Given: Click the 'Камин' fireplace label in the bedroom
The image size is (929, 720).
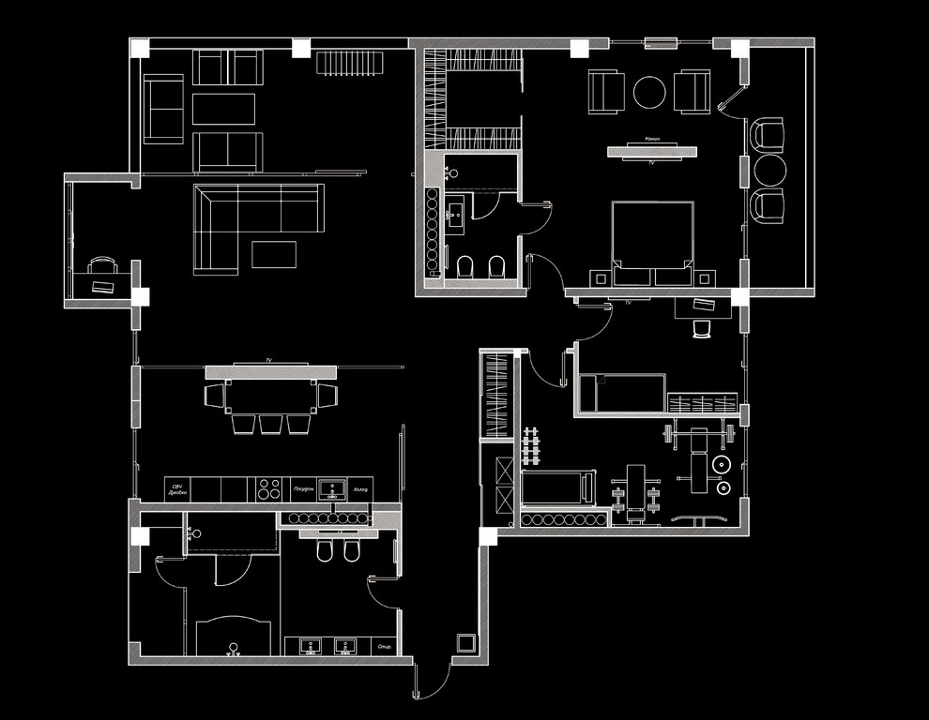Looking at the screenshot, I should click(652, 139).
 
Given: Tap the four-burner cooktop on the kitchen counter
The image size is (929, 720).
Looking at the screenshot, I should click(268, 488).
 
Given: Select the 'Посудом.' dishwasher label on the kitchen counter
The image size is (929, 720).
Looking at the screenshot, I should click(302, 489).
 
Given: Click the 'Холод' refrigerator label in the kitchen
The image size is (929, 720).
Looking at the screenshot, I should click(359, 489).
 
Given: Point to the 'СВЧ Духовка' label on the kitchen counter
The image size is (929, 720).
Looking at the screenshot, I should click(178, 488).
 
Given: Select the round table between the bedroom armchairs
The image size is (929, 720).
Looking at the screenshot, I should click(649, 92).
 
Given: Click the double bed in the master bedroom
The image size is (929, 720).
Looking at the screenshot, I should click(653, 242).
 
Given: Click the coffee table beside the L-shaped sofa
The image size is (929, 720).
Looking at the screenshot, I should click(273, 254).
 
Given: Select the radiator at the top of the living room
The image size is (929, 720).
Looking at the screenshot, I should click(350, 63).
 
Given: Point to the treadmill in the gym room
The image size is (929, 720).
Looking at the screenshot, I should click(559, 487).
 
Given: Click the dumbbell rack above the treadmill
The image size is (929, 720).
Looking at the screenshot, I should click(531, 447).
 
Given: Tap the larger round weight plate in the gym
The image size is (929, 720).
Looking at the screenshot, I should click(721, 464).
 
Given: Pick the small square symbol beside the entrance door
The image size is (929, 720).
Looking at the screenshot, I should click(465, 642).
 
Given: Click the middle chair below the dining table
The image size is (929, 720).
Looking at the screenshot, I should click(271, 424).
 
